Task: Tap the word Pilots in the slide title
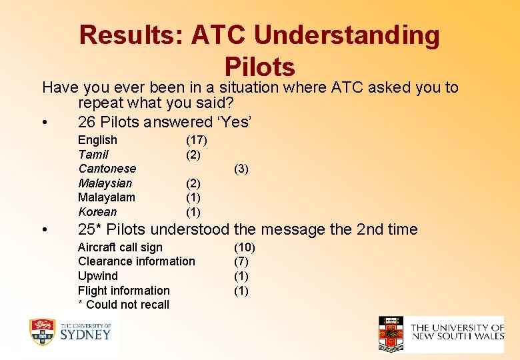260,67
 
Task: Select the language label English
97,140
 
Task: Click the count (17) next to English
196,140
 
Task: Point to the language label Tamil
93,155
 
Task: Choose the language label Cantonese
107,169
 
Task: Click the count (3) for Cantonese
241,169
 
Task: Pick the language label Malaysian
105,183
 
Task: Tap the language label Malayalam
106,197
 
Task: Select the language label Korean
97,212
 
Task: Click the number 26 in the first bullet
87,122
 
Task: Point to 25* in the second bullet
90,229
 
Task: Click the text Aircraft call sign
120,247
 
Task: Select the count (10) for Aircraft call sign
244,247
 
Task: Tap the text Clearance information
137,261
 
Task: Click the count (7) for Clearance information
241,261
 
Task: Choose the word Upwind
97,276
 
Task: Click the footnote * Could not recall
123,305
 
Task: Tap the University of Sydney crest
42,332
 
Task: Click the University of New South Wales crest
391,333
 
